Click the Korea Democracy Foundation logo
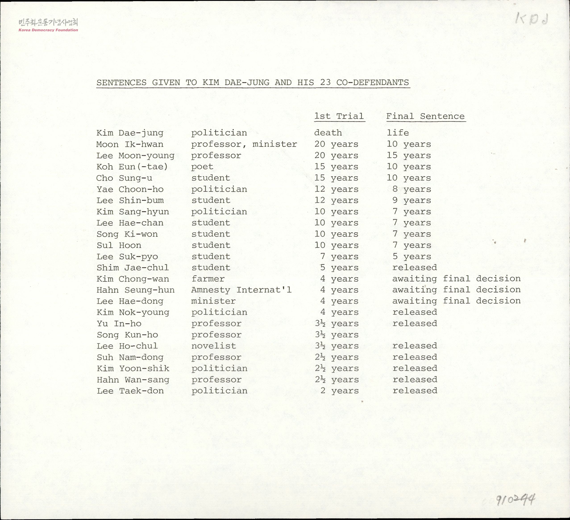[x=48, y=25]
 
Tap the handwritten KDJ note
[x=532, y=19]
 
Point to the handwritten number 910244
[x=515, y=500]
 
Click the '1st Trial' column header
[x=339, y=116]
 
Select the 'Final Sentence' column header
[x=426, y=116]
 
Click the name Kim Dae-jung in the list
[x=130, y=133]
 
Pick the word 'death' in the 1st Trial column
[x=328, y=133]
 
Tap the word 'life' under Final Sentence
[x=398, y=133]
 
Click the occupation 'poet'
[x=202, y=167]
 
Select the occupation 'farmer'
[x=208, y=279]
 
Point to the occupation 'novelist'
[x=213, y=346]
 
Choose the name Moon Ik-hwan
[x=130, y=144]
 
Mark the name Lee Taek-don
[x=130, y=391]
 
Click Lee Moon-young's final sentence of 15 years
[x=409, y=155]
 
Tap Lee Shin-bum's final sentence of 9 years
[x=412, y=200]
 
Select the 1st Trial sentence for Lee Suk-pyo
[x=339, y=256]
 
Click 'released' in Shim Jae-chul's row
[x=414, y=267]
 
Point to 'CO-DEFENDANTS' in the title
[x=373, y=83]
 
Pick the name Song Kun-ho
[x=127, y=335]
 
